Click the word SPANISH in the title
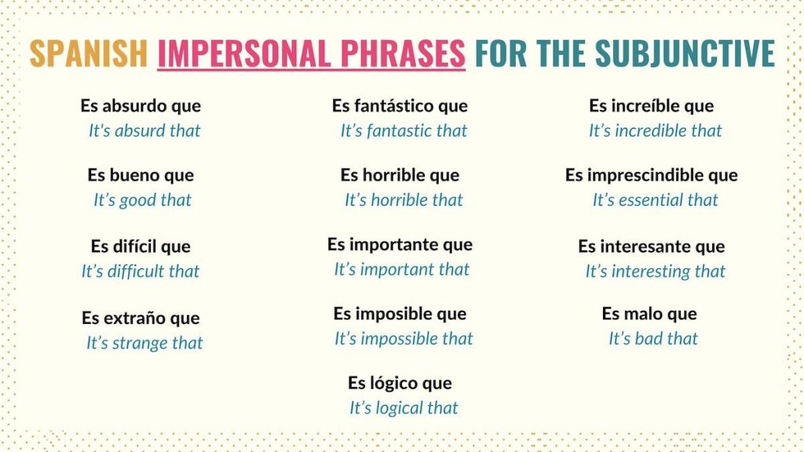[88, 53]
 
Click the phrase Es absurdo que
[141, 106]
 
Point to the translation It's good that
[142, 200]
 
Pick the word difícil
[140, 246]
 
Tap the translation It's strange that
[144, 343]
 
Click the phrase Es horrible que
[400, 175]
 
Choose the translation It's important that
[401, 269]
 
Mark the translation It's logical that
[404, 408]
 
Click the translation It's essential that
[655, 200]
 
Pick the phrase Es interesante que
[651, 246]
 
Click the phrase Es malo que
[649, 314]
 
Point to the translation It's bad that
[653, 338]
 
